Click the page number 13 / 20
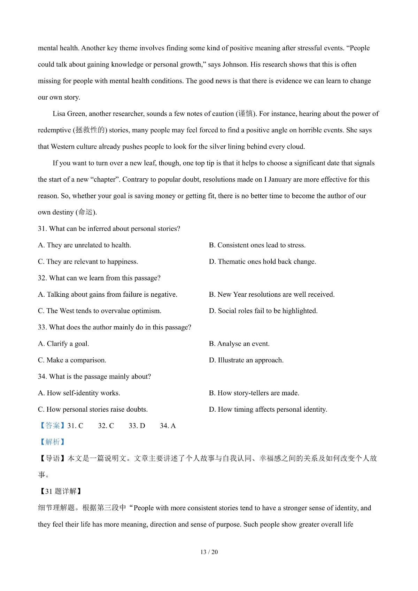(x=209, y=552)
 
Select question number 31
(x=42, y=229)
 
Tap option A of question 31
(x=85, y=245)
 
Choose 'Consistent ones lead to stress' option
(x=257, y=245)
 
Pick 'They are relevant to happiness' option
(x=88, y=262)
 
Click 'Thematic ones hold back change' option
(x=262, y=262)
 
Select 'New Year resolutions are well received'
(x=272, y=295)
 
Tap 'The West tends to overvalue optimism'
(x=100, y=311)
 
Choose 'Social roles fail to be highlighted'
(x=263, y=311)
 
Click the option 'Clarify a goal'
(x=63, y=344)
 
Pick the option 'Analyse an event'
(x=239, y=344)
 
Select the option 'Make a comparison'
(x=72, y=360)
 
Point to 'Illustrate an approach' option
(x=246, y=360)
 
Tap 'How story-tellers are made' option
(x=254, y=393)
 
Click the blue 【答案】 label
(x=52, y=426)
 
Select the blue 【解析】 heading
(x=52, y=442)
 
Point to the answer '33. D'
(x=137, y=426)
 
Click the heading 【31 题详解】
(x=60, y=491)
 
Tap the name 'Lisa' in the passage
(x=59, y=114)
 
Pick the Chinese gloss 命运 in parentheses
(x=86, y=212)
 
